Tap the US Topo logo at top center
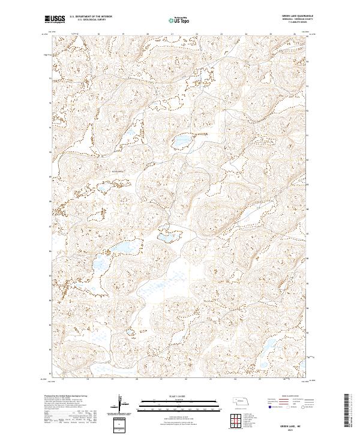pos(179,20)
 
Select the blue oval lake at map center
pos(180,142)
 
